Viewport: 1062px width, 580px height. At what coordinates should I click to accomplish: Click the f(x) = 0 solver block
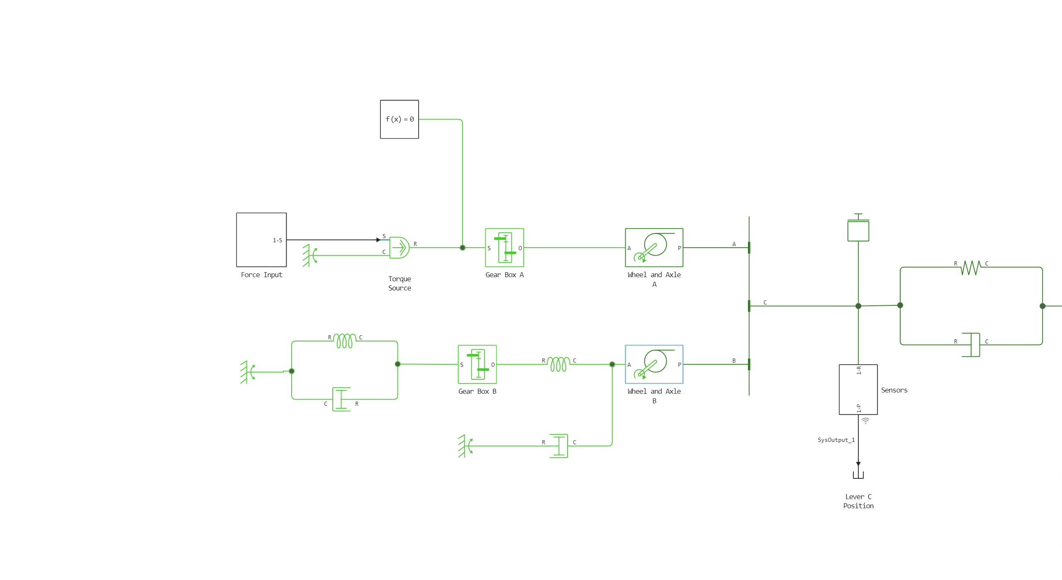click(399, 119)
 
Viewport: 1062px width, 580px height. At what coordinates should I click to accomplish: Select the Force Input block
click(261, 240)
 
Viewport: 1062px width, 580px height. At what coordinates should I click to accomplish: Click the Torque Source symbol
click(399, 248)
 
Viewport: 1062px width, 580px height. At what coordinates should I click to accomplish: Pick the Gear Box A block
click(504, 248)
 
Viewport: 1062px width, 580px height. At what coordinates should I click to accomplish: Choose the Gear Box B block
click(477, 364)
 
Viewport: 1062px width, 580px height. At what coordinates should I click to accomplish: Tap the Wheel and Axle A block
click(654, 248)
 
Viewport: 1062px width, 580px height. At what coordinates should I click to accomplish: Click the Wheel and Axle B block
click(654, 364)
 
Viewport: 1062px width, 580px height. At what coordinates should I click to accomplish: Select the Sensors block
click(858, 390)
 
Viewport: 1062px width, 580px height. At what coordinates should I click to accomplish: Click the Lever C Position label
click(858, 501)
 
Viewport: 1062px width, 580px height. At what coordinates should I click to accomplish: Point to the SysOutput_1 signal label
click(836, 440)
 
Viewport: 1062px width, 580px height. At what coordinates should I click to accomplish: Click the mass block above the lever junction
click(858, 231)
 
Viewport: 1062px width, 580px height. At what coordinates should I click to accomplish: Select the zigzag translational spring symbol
click(971, 268)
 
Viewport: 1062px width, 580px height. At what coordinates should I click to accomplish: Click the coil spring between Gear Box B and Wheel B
click(558, 364)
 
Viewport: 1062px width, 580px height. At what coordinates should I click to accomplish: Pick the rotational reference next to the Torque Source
click(309, 255)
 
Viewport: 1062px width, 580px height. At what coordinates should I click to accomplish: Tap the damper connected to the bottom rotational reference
click(559, 446)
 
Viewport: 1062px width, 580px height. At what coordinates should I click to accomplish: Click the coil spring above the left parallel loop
click(345, 341)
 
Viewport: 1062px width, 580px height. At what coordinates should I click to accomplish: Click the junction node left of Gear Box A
click(463, 248)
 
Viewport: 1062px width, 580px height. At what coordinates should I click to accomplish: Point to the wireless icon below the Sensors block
click(865, 421)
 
